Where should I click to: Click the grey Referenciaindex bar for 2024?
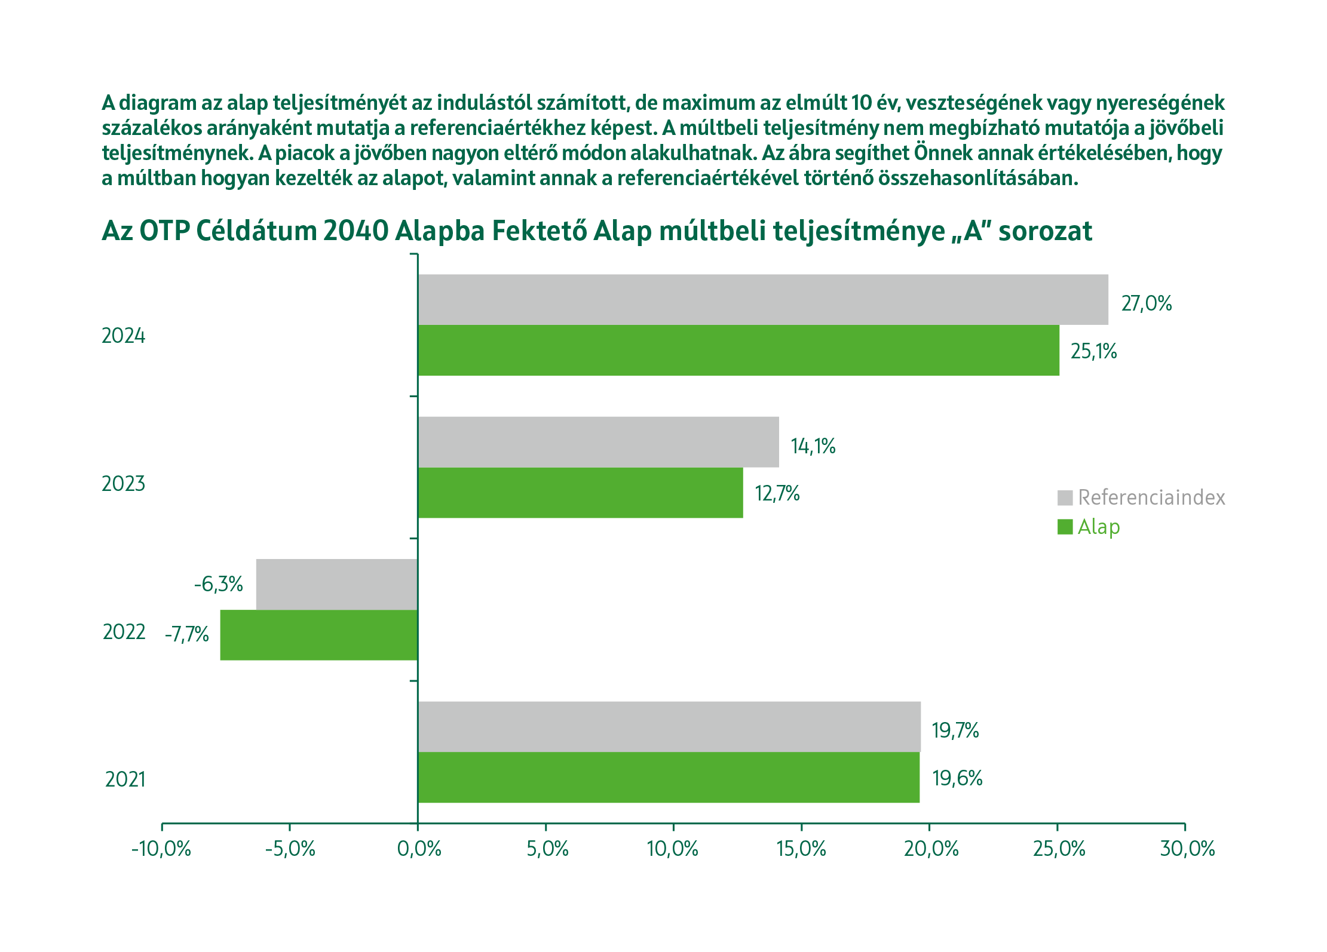(x=763, y=300)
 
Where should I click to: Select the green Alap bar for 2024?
(x=738, y=350)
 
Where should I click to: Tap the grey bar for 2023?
(x=598, y=442)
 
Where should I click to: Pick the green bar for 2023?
(x=580, y=493)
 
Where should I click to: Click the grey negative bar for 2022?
(x=336, y=584)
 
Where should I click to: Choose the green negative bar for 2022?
(x=318, y=635)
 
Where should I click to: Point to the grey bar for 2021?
(x=669, y=726)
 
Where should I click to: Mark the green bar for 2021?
(x=669, y=777)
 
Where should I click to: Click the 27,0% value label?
(x=1146, y=303)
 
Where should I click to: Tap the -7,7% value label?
(x=187, y=634)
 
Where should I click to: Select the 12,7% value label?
(x=777, y=494)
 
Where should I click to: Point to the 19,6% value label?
(x=957, y=778)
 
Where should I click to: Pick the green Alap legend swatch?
(x=1065, y=527)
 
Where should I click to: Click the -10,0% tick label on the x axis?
(x=161, y=849)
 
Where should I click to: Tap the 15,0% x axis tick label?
(x=801, y=849)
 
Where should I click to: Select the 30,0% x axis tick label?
(x=1187, y=849)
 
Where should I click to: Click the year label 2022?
(x=124, y=632)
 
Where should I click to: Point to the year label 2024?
(x=124, y=336)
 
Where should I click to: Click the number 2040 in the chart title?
(x=355, y=231)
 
